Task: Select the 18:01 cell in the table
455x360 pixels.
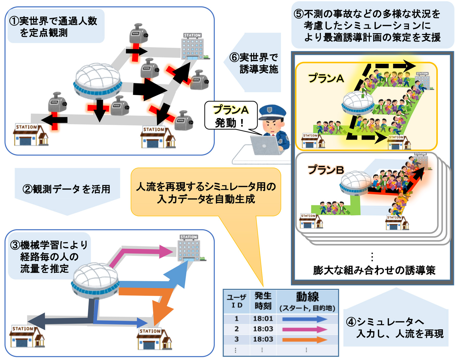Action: (263, 319)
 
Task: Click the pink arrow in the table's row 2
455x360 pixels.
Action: (304, 329)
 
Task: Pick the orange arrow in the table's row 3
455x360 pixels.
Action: (304, 339)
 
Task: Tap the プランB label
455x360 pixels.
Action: (325, 170)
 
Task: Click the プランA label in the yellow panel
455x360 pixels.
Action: (326, 79)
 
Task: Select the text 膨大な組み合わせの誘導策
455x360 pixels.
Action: (374, 270)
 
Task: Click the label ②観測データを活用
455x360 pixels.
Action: (67, 189)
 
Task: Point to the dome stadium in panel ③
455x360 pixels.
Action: (95, 280)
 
